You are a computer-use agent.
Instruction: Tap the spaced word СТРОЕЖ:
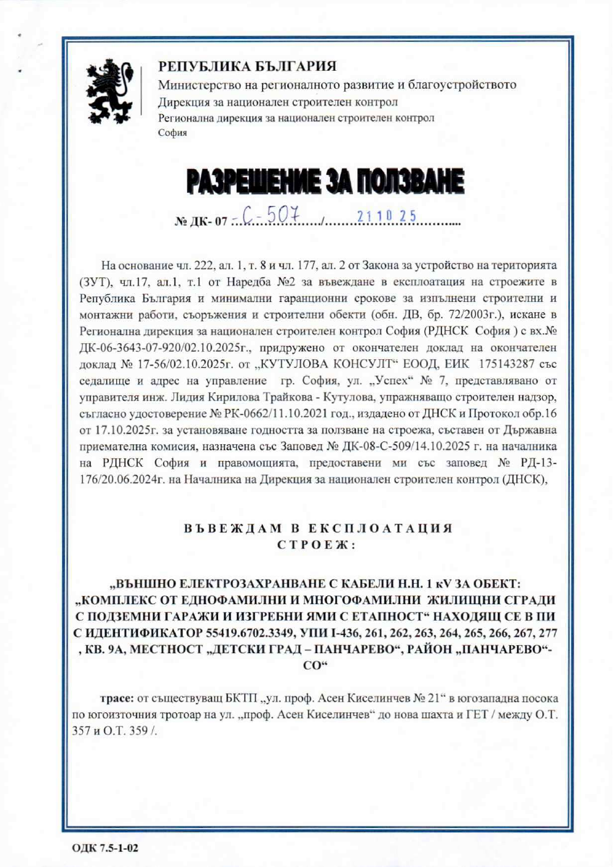point(318,543)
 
